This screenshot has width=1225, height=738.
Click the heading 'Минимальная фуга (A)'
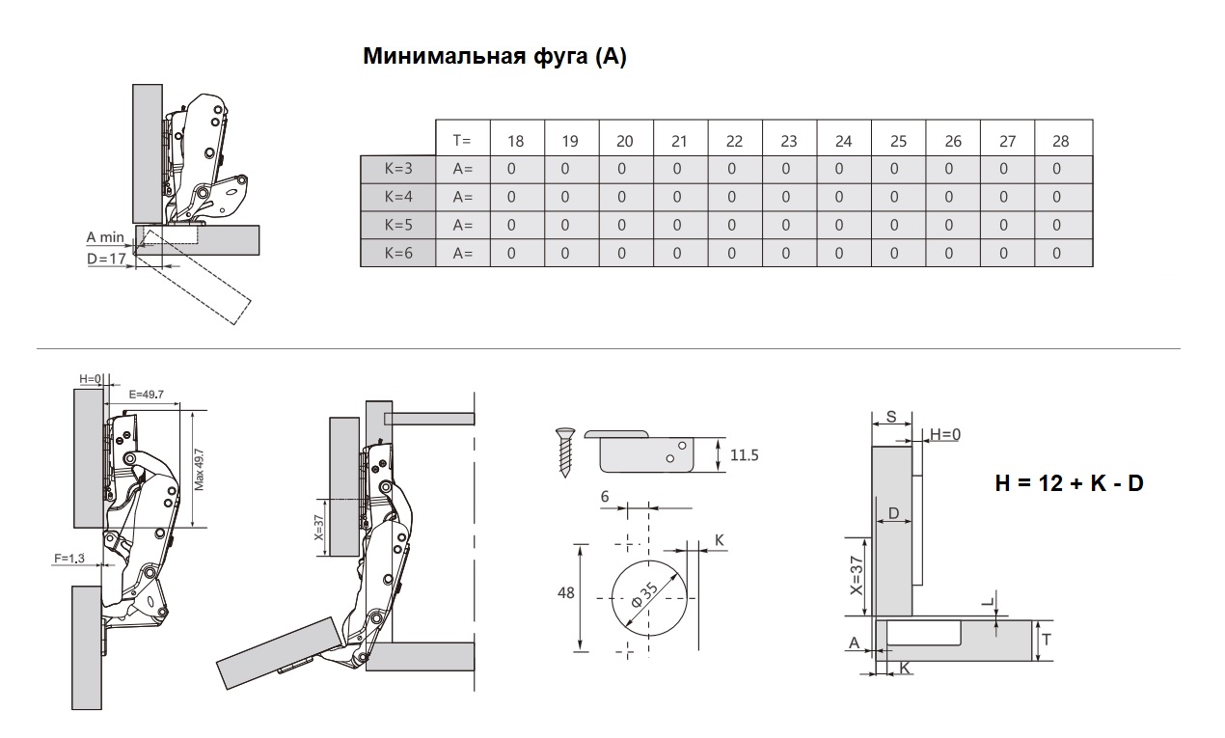click(x=495, y=56)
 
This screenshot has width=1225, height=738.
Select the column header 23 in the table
click(x=789, y=142)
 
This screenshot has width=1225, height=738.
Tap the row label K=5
click(x=398, y=225)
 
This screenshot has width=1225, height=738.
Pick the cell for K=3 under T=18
click(x=511, y=169)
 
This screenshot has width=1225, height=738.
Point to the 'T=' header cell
click(x=462, y=141)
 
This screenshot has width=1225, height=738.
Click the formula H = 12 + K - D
click(x=1069, y=483)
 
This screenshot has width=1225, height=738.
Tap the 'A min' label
click(x=105, y=237)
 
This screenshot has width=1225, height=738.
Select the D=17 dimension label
click(x=107, y=259)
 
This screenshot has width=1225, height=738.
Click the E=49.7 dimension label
click(x=146, y=395)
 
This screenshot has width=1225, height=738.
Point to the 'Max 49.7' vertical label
click(x=199, y=470)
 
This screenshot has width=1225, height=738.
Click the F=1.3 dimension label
click(x=69, y=558)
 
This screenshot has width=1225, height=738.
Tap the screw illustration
click(x=565, y=452)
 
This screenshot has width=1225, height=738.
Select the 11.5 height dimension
click(x=745, y=455)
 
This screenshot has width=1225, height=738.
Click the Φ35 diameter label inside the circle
click(x=644, y=595)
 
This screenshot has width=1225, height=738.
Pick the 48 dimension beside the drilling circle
click(x=566, y=593)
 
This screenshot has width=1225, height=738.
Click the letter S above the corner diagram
click(x=891, y=417)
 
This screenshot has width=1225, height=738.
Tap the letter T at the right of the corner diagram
click(x=1047, y=640)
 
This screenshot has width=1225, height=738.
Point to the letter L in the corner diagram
click(x=988, y=602)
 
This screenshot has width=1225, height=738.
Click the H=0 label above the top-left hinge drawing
click(x=91, y=378)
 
